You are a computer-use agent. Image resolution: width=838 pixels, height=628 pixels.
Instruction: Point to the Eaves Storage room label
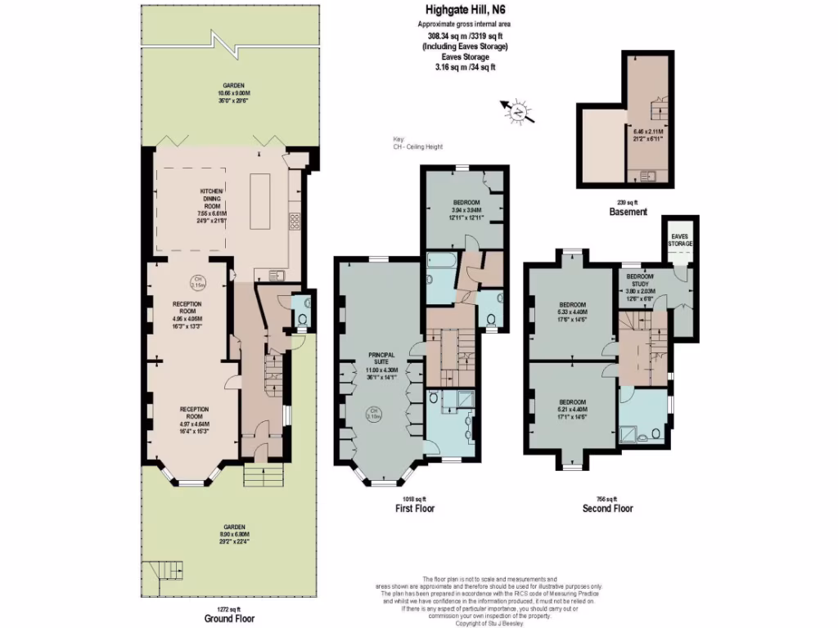[x=680, y=239]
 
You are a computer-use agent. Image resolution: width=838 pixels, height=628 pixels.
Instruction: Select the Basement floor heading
[x=628, y=212]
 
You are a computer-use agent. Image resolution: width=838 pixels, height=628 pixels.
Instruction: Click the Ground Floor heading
[x=227, y=618]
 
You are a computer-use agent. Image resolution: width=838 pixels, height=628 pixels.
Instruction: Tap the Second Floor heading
[x=607, y=508]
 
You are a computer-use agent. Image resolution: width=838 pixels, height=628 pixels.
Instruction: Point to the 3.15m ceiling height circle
[x=197, y=284]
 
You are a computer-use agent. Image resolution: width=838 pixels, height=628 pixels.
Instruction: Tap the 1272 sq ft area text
[x=227, y=608]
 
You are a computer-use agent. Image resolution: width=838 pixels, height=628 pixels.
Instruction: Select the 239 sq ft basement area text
[x=628, y=202]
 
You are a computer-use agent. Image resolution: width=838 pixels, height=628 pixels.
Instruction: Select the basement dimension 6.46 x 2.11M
[x=648, y=134]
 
